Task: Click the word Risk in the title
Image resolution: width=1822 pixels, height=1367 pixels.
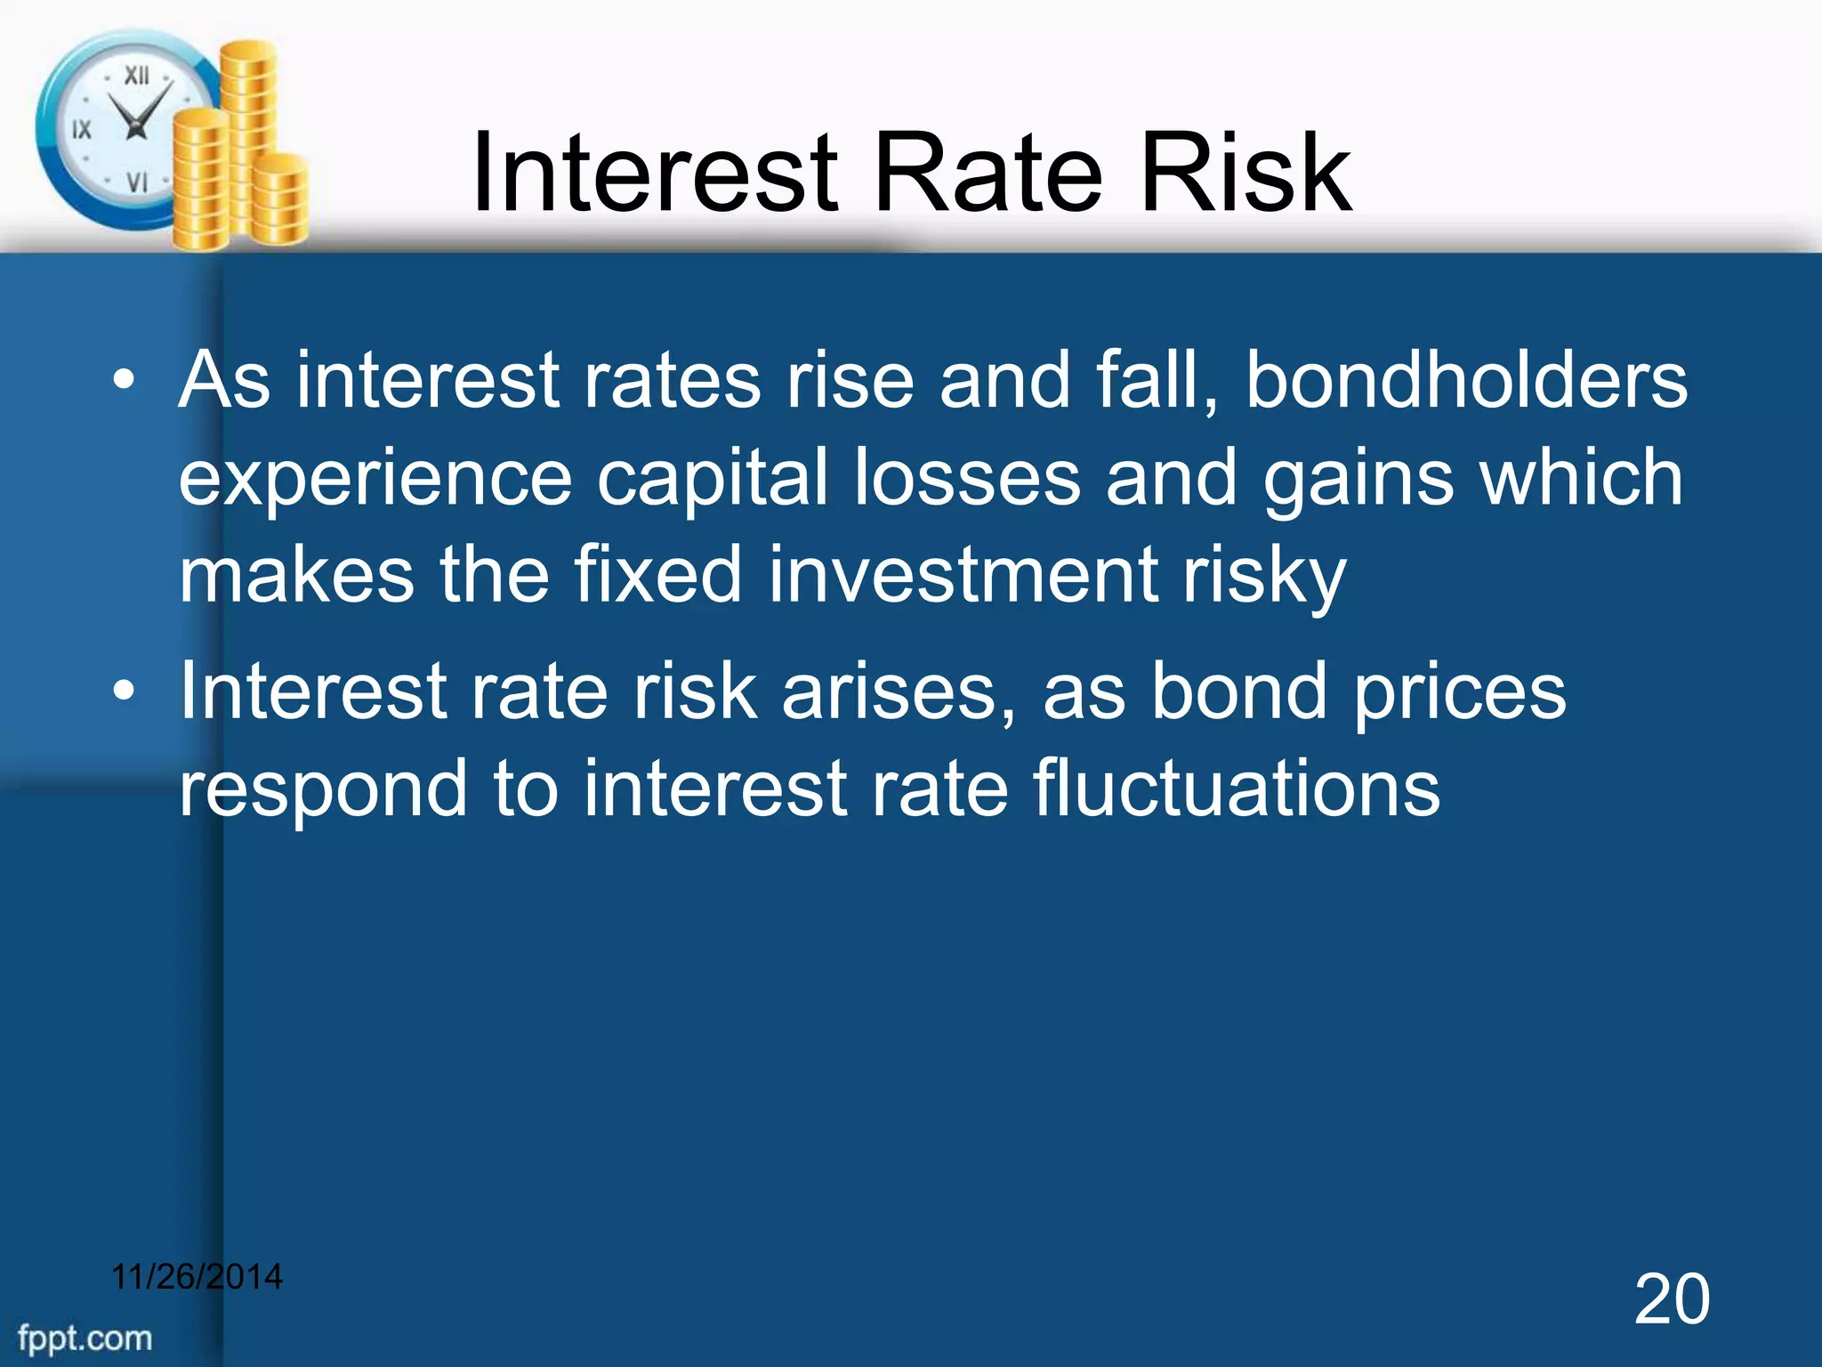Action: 1246,174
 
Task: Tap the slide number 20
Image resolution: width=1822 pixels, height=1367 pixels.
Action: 1671,1300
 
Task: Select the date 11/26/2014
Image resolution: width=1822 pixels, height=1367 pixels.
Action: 197,1277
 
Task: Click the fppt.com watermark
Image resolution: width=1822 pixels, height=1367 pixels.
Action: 85,1339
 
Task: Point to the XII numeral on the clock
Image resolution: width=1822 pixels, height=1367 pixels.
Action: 136,76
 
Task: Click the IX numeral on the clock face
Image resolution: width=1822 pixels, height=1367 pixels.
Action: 81,130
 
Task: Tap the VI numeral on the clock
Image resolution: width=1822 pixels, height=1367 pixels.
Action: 136,183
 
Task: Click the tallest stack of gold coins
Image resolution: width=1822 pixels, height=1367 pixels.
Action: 248,133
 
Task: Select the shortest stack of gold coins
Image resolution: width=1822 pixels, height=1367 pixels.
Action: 282,200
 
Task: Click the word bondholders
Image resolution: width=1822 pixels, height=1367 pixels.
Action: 1465,381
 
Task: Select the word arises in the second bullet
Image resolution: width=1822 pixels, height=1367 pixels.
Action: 899,692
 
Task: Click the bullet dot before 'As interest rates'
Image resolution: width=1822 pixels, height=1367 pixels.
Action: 125,382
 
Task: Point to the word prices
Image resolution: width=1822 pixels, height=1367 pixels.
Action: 1459,692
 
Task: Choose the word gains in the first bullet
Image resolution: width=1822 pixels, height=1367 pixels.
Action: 1358,479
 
